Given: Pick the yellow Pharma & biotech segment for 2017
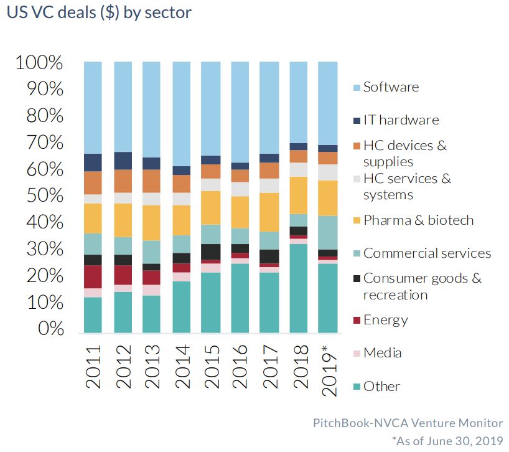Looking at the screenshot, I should coord(269,212).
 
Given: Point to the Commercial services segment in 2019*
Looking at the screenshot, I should coord(327,232).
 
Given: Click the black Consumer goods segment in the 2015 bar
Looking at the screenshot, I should coord(210,252).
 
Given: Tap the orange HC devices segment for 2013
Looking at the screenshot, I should coord(152,181).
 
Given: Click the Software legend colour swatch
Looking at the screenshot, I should coord(356,87).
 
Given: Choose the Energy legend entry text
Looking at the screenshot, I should coord(386,320).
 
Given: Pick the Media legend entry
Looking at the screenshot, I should coord(382,353).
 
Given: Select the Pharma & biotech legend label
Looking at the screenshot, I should coord(418,220).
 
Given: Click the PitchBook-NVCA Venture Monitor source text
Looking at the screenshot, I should coord(408,423).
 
